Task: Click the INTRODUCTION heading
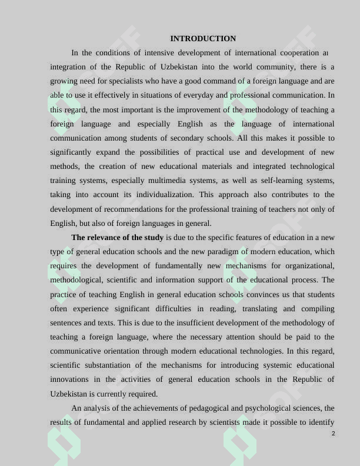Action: pos(203,39)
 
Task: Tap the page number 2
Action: pos(333,434)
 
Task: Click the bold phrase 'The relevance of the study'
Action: pos(117,238)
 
